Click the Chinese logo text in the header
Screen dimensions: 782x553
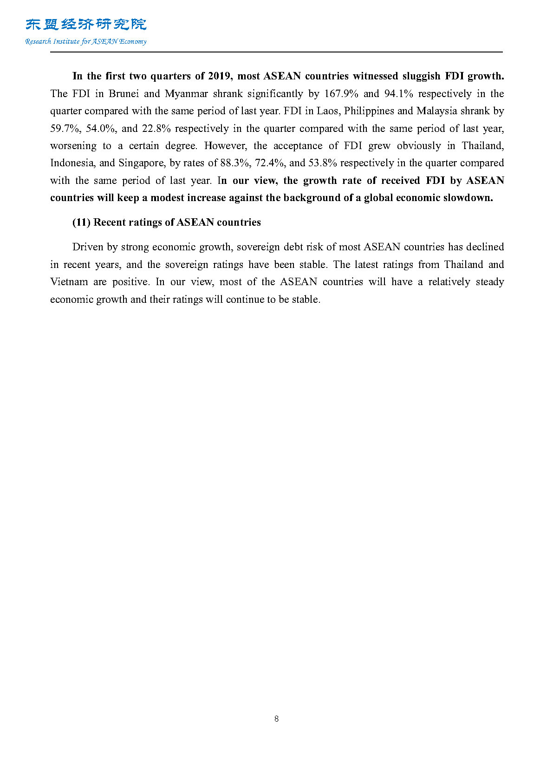[x=86, y=25]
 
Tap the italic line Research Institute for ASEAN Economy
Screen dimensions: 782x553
[x=86, y=41]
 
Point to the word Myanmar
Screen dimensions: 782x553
[x=186, y=94]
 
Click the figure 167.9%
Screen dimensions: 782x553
[x=341, y=94]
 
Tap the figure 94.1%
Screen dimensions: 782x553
[x=398, y=94]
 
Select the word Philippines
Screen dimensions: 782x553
[x=369, y=111]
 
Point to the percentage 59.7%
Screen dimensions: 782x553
[x=65, y=129]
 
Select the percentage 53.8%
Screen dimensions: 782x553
[x=323, y=163]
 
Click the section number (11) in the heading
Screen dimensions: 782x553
[x=81, y=222]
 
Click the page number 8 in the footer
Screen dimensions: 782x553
[x=277, y=719]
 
